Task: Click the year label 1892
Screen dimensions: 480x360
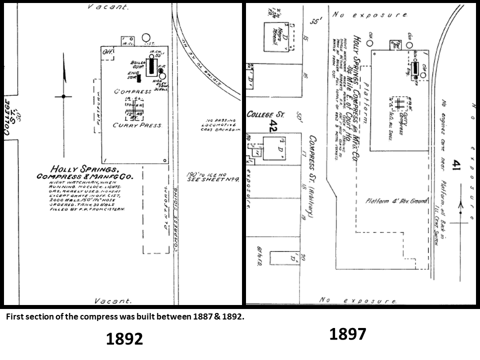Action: click(x=124, y=339)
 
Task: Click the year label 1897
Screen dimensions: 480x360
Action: click(x=347, y=334)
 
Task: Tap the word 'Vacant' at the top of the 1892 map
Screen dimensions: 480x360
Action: click(x=108, y=7)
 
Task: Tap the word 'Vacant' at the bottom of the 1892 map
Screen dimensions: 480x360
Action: click(x=113, y=301)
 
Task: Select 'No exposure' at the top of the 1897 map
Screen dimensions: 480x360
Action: click(x=372, y=15)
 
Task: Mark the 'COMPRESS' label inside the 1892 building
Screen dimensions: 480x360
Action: click(x=132, y=91)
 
